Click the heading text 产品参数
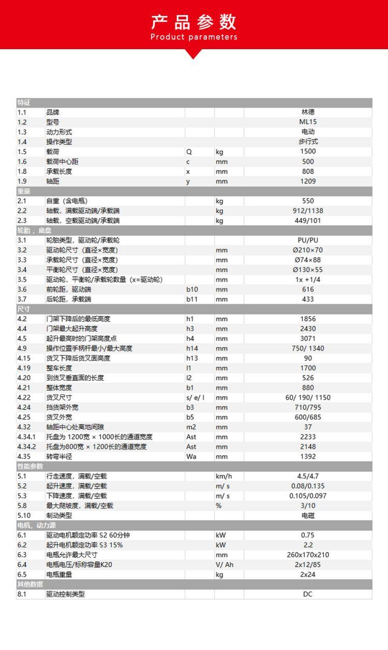pyautogui.click(x=193, y=22)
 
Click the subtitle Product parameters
pyautogui.click(x=193, y=37)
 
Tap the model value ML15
pyautogui.click(x=308, y=122)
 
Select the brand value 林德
pyautogui.click(x=308, y=112)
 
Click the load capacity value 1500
pyautogui.click(x=308, y=152)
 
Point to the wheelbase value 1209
pyautogui.click(x=308, y=181)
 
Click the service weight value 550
pyautogui.click(x=308, y=201)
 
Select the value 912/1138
pyautogui.click(x=308, y=211)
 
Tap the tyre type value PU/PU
pyautogui.click(x=308, y=240)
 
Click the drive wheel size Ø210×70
pyautogui.click(x=308, y=250)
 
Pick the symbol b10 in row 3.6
pyautogui.click(x=192, y=290)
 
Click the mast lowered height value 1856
pyautogui.click(x=308, y=319)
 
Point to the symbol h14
pyautogui.click(x=192, y=349)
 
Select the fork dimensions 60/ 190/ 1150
pyautogui.click(x=308, y=398)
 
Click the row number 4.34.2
pyautogui.click(x=26, y=446)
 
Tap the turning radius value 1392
pyautogui.click(x=308, y=456)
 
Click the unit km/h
pyautogui.click(x=223, y=476)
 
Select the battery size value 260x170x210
pyautogui.click(x=308, y=555)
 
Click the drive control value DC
pyautogui.click(x=308, y=594)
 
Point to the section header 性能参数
pyautogui.click(x=29, y=466)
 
